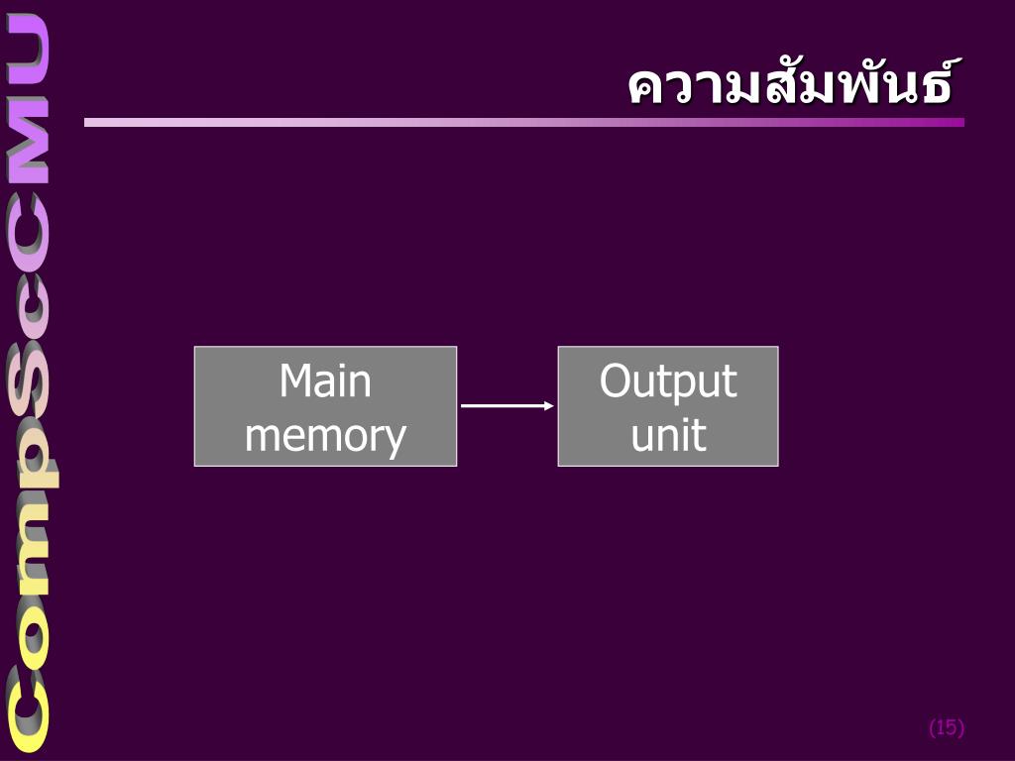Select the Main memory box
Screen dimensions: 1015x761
[x=325, y=406]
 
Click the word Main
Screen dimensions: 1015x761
[x=325, y=381]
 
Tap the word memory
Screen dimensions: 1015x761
[x=325, y=436]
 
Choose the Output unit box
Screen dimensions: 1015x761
[x=668, y=406]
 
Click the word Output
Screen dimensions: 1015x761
[x=668, y=381]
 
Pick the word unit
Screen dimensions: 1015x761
[x=668, y=436]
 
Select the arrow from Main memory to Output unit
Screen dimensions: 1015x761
[x=506, y=406]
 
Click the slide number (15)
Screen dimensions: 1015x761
[x=946, y=728]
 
